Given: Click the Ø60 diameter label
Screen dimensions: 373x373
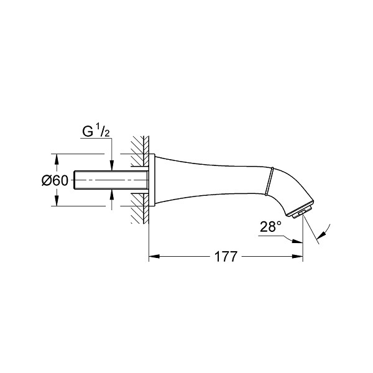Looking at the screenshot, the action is point(55,180).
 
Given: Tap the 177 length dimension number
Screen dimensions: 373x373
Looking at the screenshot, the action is point(226,256).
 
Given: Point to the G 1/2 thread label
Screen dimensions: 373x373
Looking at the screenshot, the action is point(96,131).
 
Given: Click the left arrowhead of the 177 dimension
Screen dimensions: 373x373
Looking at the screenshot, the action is point(154,256).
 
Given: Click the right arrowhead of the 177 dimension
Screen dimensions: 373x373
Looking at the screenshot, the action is point(298,256).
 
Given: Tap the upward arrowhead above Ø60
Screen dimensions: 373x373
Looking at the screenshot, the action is point(56,159).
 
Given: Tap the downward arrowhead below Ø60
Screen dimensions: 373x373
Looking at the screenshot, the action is point(56,201).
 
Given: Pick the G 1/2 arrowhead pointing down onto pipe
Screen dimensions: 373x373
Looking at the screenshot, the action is point(111,165).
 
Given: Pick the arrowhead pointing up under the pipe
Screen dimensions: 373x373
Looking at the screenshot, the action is point(111,195).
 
